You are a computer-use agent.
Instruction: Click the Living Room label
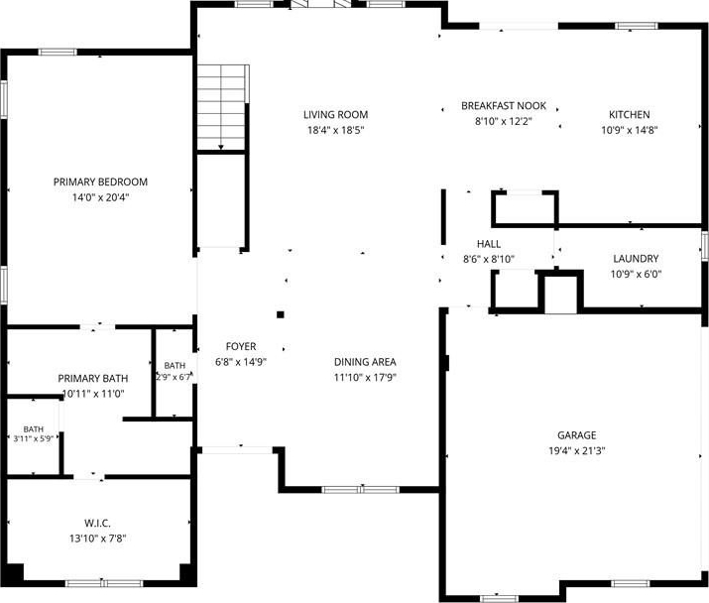click(335, 115)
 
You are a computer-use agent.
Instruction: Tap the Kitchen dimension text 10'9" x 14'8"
click(629, 130)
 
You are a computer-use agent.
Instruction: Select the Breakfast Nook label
click(504, 106)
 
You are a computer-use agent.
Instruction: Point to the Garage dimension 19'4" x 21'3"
click(577, 450)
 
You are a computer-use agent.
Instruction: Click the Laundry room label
click(636, 259)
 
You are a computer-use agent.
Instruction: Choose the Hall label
click(489, 244)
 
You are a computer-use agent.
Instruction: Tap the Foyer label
click(241, 346)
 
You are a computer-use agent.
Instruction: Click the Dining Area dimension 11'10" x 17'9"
click(365, 377)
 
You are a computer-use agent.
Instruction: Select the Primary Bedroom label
click(100, 181)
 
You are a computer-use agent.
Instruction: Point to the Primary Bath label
click(92, 378)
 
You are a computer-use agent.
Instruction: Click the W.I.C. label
click(97, 524)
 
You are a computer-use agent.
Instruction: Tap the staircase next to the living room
click(221, 107)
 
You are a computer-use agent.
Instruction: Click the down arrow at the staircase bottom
click(221, 147)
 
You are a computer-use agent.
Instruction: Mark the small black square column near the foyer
click(281, 314)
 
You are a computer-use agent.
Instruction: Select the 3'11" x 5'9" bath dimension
click(34, 438)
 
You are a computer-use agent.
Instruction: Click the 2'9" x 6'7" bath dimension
click(175, 376)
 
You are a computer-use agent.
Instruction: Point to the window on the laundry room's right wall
click(704, 246)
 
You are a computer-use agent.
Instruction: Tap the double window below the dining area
click(361, 490)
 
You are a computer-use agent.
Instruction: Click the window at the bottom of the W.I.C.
click(104, 583)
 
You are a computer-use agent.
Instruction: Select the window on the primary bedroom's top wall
click(58, 52)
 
